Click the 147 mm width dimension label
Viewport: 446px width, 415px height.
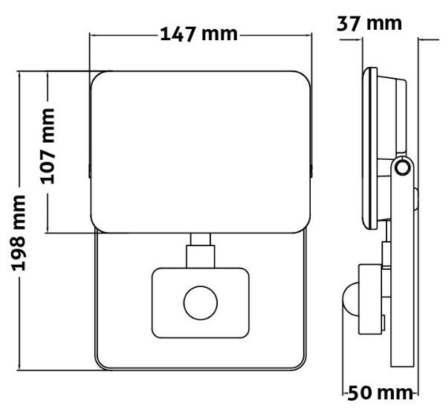pyautogui.click(x=198, y=34)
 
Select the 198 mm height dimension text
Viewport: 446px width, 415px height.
pyautogui.click(x=19, y=233)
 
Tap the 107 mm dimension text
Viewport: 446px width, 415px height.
pyautogui.click(x=48, y=147)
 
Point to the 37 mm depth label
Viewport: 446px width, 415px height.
pyautogui.click(x=369, y=23)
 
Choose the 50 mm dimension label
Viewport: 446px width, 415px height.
pyautogui.click(x=380, y=393)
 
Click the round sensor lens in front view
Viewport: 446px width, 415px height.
pyautogui.click(x=201, y=303)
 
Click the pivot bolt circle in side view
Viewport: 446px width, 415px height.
pyautogui.click(x=402, y=167)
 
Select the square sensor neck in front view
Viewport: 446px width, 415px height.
pyautogui.click(x=201, y=256)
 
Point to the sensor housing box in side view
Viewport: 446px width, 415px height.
pyautogui.click(x=370, y=299)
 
